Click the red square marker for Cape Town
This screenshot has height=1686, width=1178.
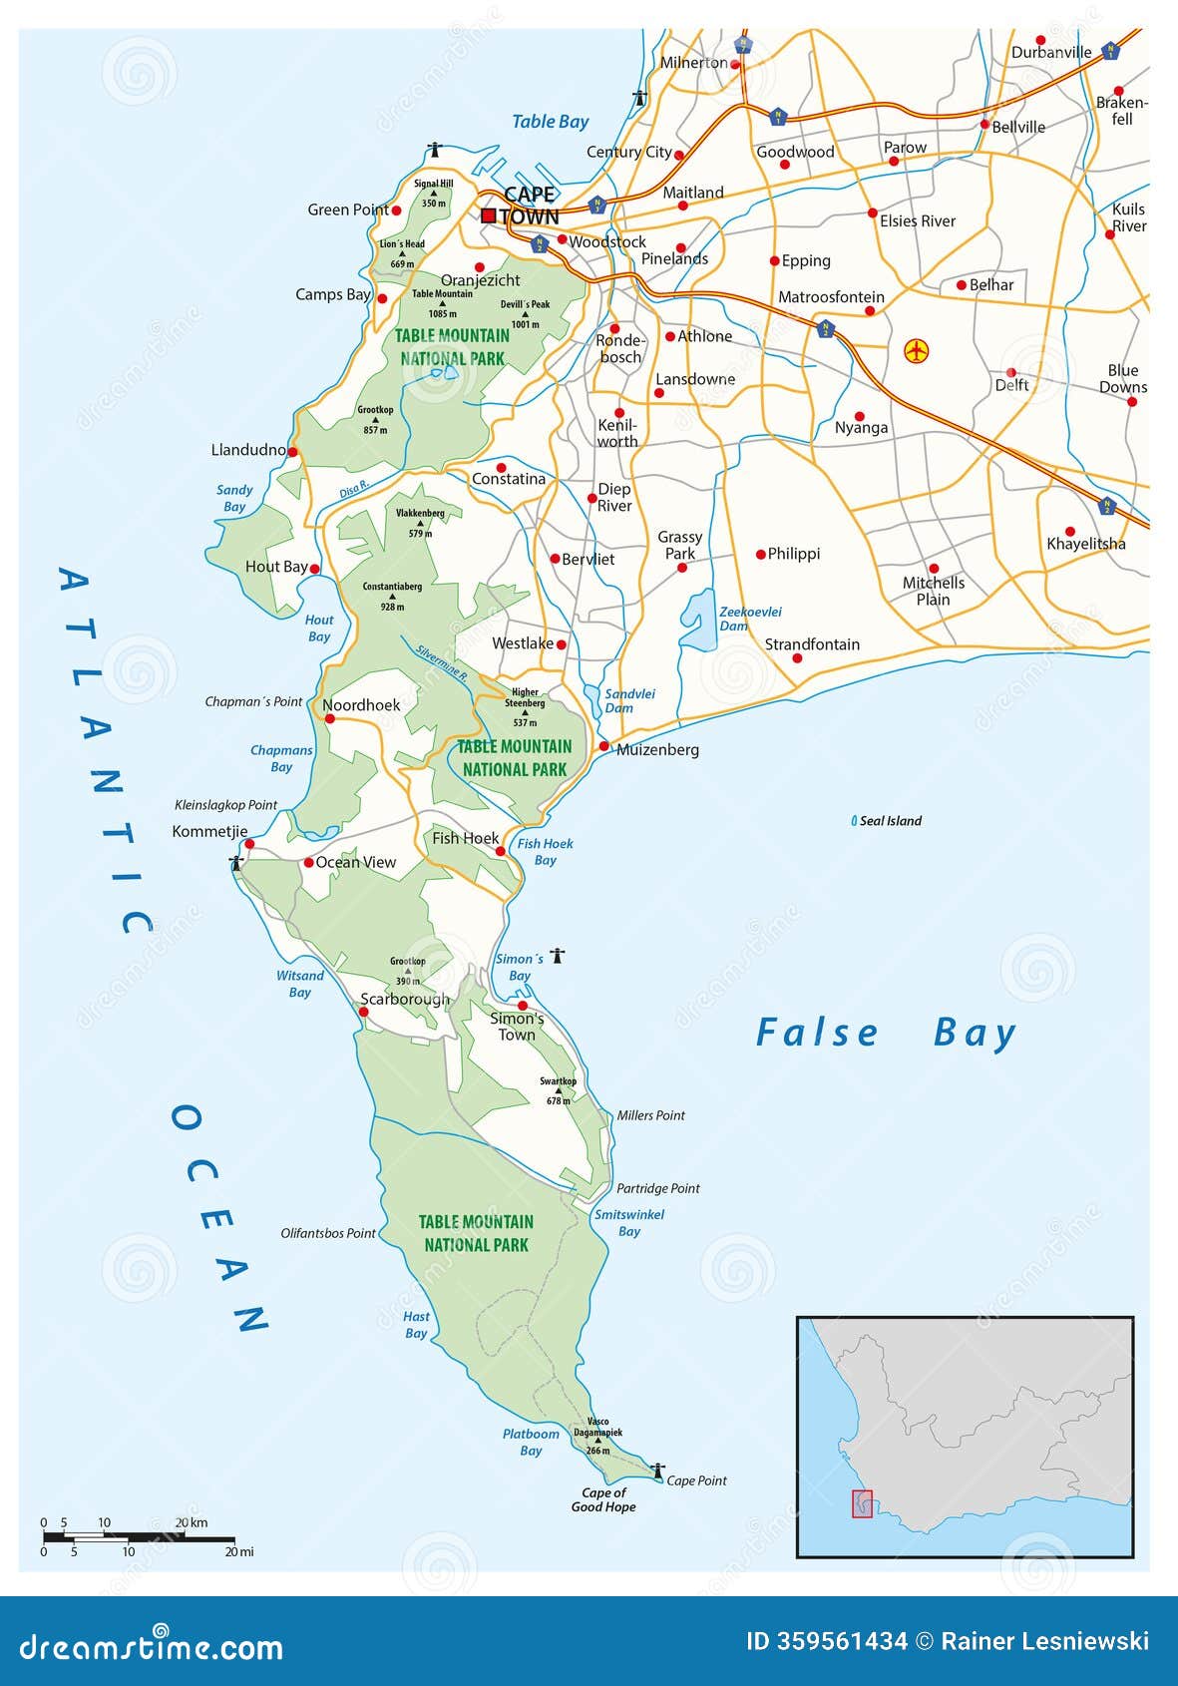[488, 215]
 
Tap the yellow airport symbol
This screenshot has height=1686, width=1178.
[916, 351]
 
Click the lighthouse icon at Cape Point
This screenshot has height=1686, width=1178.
[657, 1471]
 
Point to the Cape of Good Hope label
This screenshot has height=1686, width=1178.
[603, 1500]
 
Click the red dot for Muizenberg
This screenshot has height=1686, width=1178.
[603, 746]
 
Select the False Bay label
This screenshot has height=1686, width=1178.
[886, 1033]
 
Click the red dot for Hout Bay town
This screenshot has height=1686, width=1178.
[314, 569]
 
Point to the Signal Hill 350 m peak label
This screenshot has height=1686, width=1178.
[434, 193]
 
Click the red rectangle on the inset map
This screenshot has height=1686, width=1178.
[862, 1503]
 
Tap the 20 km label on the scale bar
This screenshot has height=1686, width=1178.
[192, 1522]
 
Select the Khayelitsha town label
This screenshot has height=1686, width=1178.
[1085, 544]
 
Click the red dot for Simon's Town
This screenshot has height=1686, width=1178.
[522, 1006]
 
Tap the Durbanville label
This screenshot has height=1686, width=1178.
[1050, 52]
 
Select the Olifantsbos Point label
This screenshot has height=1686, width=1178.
[328, 1233]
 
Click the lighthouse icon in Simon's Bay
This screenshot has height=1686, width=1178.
[558, 956]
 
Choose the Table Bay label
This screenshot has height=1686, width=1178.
[550, 122]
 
